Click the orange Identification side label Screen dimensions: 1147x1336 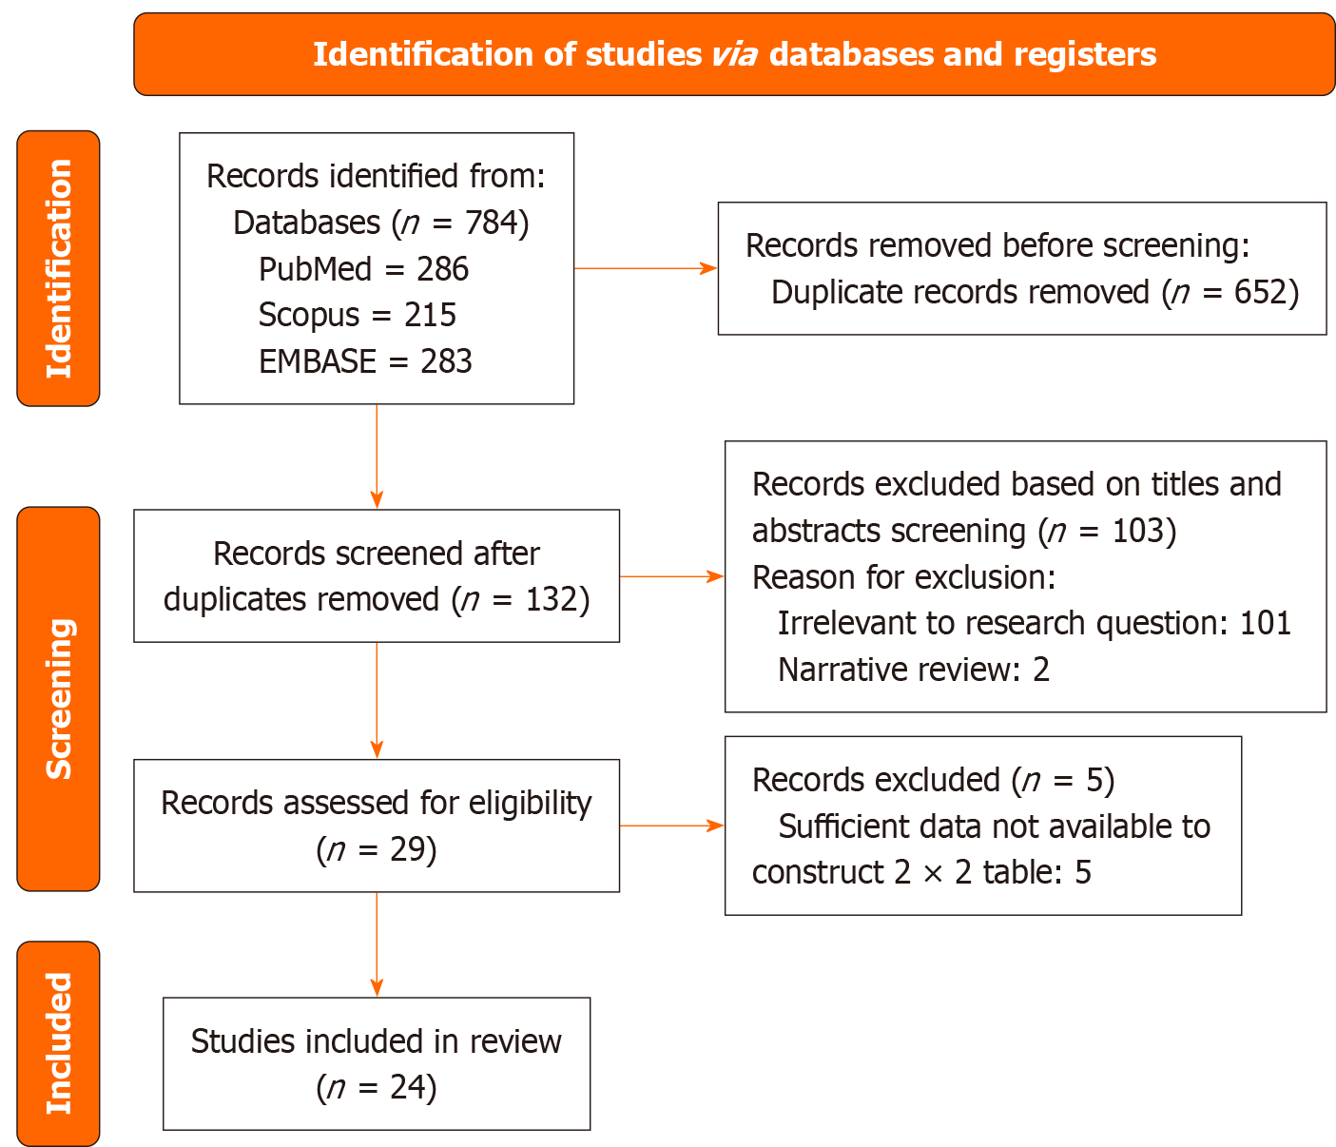[58, 268]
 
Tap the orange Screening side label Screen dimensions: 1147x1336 [58, 699]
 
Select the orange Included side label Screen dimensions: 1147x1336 [58, 1043]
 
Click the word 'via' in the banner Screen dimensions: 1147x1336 [734, 54]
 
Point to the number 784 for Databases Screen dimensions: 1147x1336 [491, 223]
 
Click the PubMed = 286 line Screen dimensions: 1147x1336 [363, 269]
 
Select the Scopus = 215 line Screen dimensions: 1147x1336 [358, 315]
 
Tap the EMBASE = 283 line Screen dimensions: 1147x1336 [365, 361]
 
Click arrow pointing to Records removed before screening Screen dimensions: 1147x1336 [646, 268]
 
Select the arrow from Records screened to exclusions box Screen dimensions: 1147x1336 [671, 575]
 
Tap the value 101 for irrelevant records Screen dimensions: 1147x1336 [1265, 623]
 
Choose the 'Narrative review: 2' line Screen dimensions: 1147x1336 [913, 670]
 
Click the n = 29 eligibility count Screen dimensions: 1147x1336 [377, 849]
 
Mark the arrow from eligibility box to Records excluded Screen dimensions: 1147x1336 [671, 826]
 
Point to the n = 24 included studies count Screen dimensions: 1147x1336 [377, 1087]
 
